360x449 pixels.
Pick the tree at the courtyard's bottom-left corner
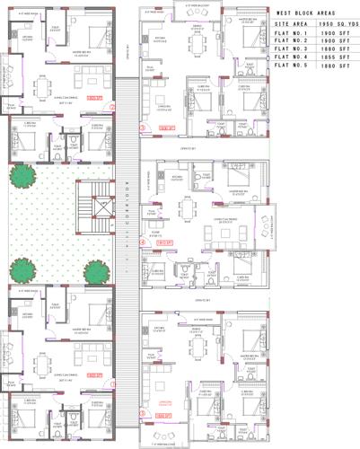coord(19,267)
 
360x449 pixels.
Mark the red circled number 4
coord(142,242)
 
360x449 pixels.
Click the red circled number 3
coord(142,128)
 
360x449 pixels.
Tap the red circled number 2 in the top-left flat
coord(113,107)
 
